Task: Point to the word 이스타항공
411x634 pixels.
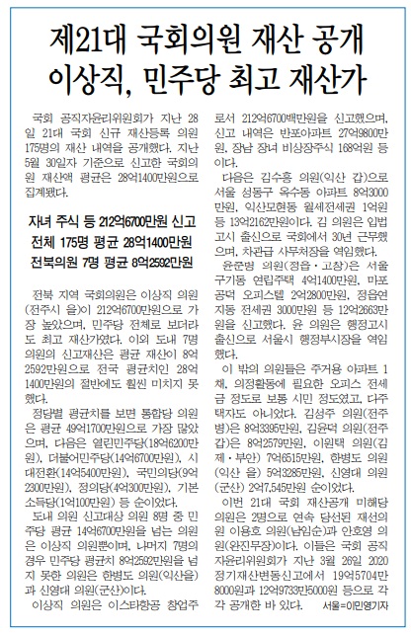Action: pos(136,603)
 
